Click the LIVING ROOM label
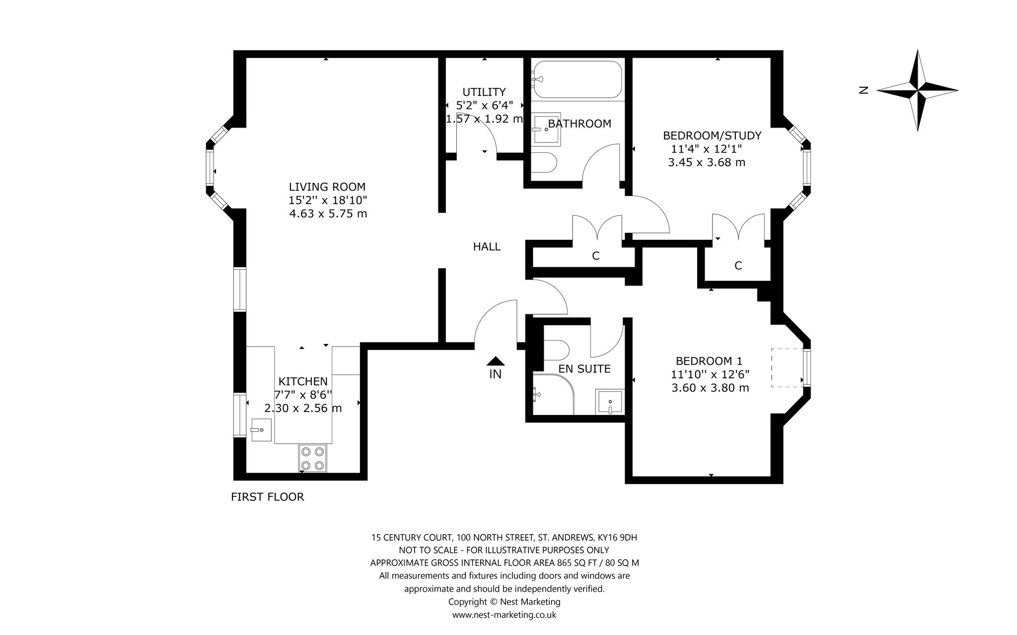pyautogui.click(x=327, y=187)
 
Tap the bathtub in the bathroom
pyautogui.click(x=577, y=79)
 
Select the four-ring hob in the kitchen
pyautogui.click(x=312, y=458)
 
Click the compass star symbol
pyautogui.click(x=918, y=91)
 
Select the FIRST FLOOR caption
pyautogui.click(x=267, y=497)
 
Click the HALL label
pyautogui.click(x=487, y=247)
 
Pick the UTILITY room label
pyautogui.click(x=484, y=92)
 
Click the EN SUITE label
pyautogui.click(x=584, y=369)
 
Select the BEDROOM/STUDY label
pyautogui.click(x=712, y=136)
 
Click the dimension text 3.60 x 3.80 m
pyautogui.click(x=710, y=388)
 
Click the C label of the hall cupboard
pyautogui.click(x=596, y=256)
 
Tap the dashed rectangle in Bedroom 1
pyautogui.click(x=788, y=368)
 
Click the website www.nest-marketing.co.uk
pyautogui.click(x=504, y=615)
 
